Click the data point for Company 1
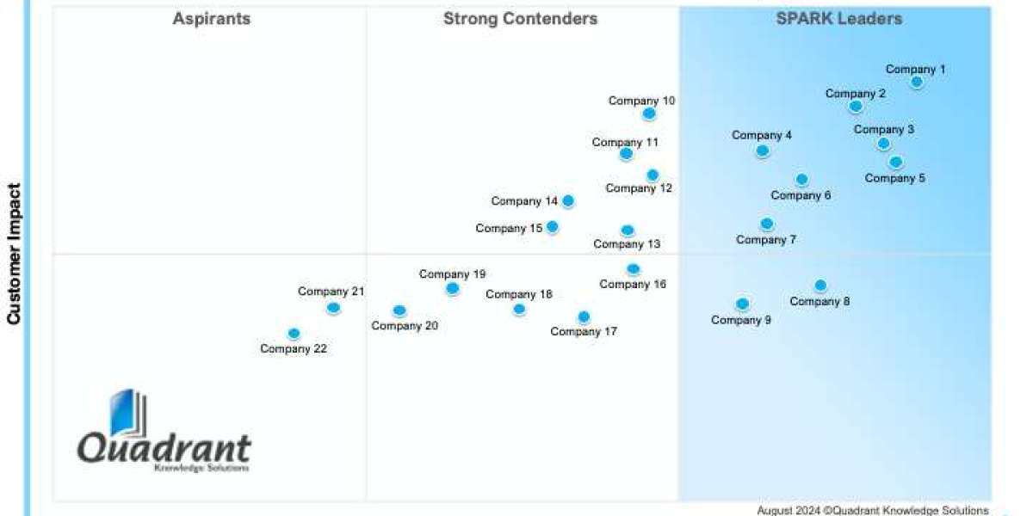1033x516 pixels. click(917, 82)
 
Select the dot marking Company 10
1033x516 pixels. click(649, 114)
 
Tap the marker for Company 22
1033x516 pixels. click(294, 334)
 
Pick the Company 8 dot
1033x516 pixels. click(820, 286)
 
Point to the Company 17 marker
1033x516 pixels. click(584, 316)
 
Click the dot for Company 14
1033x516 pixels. click(568, 201)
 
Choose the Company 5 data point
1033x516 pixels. click(895, 162)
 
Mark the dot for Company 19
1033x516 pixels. click(453, 289)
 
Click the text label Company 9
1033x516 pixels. click(741, 320)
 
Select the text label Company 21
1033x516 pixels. click(331, 292)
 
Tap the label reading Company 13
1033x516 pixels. click(627, 244)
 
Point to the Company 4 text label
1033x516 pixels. click(762, 135)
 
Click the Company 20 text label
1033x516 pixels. click(405, 326)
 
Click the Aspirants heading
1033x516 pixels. click(212, 18)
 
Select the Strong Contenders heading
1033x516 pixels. click(520, 18)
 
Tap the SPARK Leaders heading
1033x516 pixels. click(839, 18)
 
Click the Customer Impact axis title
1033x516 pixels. click(14, 254)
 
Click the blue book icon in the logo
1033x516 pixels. click(126, 414)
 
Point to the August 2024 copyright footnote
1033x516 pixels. click(873, 510)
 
